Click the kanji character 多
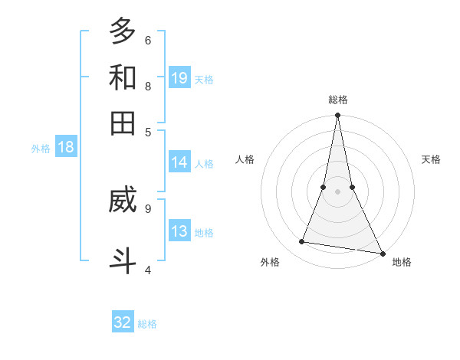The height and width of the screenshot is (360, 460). click(x=123, y=31)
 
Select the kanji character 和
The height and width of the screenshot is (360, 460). click(x=123, y=77)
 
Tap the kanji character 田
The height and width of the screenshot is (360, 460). click(x=123, y=123)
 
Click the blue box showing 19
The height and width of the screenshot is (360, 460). click(x=179, y=77)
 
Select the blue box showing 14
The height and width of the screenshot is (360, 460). click(x=179, y=162)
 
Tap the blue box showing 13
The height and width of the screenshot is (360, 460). click(x=179, y=231)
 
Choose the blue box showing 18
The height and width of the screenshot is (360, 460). click(x=66, y=147)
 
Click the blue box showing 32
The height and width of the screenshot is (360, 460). click(x=123, y=322)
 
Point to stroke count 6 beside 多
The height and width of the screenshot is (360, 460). click(x=148, y=40)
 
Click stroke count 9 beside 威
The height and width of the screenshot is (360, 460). click(x=148, y=208)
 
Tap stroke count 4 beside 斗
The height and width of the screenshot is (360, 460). click(x=148, y=270)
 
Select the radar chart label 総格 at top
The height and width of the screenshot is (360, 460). click(x=338, y=100)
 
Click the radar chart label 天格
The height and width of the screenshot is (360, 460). click(x=431, y=159)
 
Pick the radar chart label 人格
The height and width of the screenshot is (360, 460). click(x=245, y=159)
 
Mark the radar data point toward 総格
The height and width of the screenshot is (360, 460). click(x=338, y=116)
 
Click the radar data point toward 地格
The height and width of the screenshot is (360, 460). click(x=382, y=253)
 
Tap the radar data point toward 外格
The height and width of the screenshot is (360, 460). click(x=302, y=242)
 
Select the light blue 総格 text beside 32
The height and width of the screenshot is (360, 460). click(x=147, y=324)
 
